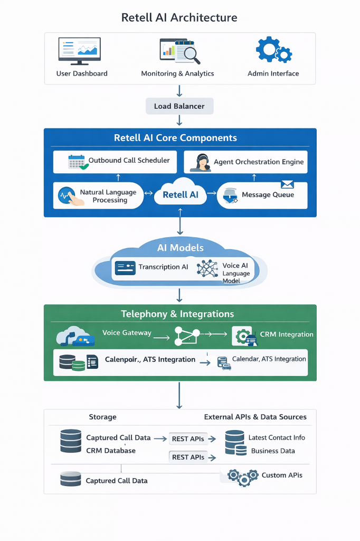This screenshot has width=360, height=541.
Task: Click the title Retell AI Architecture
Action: coord(179,17)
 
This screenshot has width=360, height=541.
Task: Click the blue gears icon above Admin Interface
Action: coord(273,51)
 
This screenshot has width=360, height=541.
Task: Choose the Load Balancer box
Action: coord(179,106)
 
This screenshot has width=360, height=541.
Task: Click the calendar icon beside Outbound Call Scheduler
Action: coord(77,162)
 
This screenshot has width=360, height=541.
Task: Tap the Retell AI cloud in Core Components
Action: coord(180,195)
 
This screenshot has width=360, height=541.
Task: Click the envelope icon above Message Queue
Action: coord(287,184)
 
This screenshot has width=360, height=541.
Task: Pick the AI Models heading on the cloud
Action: coord(180,248)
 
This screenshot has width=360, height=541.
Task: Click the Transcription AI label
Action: coord(163,267)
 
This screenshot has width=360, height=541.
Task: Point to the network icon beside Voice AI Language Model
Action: coord(207,268)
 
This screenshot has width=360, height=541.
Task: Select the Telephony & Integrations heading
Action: coord(177,314)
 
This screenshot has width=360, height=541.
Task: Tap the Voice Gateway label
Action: coord(127,333)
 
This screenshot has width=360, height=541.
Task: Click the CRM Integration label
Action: coord(287,334)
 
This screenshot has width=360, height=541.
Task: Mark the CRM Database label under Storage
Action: coord(111,451)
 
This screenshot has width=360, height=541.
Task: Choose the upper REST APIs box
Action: coord(187,439)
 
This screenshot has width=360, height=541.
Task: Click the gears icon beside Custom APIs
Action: coord(243,477)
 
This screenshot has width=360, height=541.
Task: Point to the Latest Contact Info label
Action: coord(277,437)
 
